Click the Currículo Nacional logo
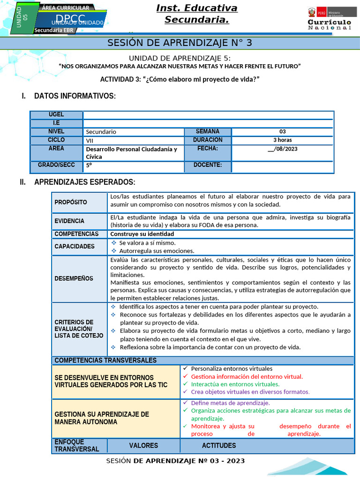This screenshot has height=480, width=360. tap(329, 19)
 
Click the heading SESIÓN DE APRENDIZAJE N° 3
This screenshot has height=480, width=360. tap(180, 43)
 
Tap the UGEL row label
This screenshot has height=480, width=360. tap(56, 115)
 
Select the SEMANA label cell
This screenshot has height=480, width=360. tap(207, 132)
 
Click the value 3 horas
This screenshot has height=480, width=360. tap(282, 140)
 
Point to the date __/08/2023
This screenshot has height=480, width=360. tap(282, 149)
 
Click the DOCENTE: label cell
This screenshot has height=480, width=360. tap(207, 165)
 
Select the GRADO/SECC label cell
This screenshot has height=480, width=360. tap(56, 165)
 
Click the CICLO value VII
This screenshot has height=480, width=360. tap(90, 140)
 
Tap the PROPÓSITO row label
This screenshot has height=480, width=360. tap(71, 202)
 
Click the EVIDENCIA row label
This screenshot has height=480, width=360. tap(69, 221)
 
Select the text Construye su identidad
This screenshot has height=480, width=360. tap(142, 234)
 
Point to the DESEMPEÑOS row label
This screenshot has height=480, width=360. tap(74, 278)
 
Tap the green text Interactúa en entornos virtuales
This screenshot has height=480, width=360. tap(235, 384)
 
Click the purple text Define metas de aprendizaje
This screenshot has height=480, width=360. tap(230, 403)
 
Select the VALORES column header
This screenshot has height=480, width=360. tap(143, 446)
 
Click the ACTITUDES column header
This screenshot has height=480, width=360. tap(219, 446)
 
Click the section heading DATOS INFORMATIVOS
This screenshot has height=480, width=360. tap(75, 96)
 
